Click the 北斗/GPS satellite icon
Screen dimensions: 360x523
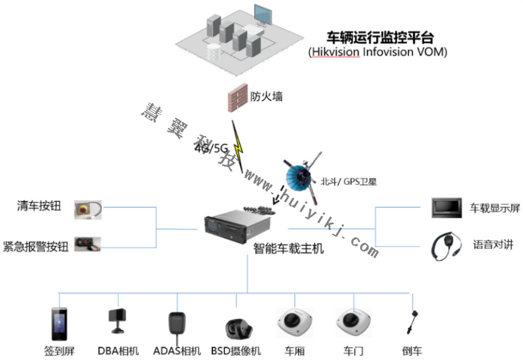pos(302,176)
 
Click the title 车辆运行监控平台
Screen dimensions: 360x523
pos(380,37)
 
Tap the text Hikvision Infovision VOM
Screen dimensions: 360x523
pos(377,52)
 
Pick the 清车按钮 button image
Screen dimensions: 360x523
pos(88,209)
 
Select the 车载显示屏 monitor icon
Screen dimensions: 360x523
pos(447,207)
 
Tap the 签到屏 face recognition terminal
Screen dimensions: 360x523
pos(59,323)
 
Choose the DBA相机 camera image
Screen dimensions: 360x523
pos(117,319)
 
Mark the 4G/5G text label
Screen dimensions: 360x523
pos(211,148)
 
